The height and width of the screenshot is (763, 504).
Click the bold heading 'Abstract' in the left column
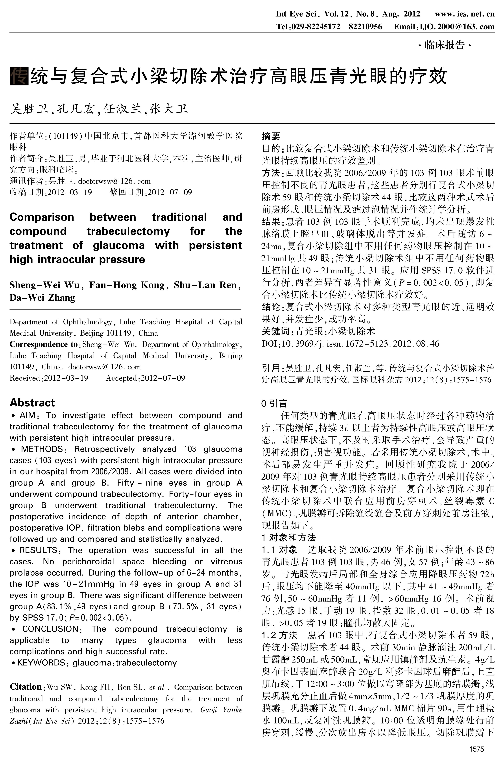[32, 403]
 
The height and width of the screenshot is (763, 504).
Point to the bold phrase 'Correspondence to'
[43, 344]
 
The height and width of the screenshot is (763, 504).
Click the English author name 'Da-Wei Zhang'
[42, 298]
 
